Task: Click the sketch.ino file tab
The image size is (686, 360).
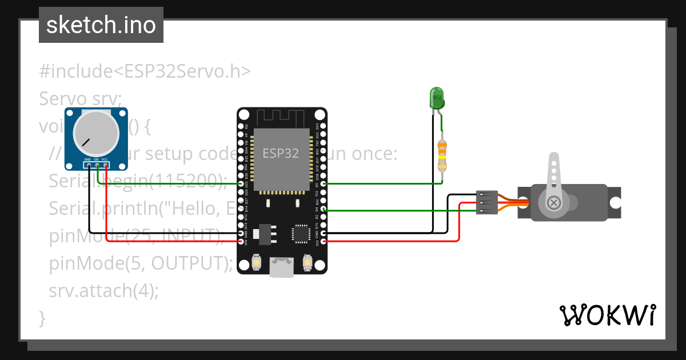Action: pyautogui.click(x=101, y=25)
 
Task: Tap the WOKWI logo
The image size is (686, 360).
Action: pyautogui.click(x=607, y=315)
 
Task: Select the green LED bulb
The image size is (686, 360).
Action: pyautogui.click(x=437, y=98)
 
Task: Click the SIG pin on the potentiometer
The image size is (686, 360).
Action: pyautogui.click(x=97, y=165)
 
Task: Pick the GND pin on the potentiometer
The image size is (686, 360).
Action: pyautogui.click(x=89, y=165)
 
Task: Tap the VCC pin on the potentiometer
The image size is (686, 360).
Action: pyautogui.click(x=106, y=165)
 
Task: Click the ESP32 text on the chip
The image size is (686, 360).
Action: pyautogui.click(x=280, y=153)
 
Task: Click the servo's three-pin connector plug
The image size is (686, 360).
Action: pyautogui.click(x=486, y=202)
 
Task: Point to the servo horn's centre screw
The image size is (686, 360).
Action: pyautogui.click(x=553, y=202)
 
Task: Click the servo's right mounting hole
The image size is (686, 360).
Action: pyautogui.click(x=615, y=202)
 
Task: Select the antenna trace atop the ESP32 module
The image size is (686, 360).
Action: pyautogui.click(x=282, y=117)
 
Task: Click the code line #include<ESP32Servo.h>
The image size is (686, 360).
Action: pyautogui.click(x=145, y=71)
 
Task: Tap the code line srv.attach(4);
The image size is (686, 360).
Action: pyautogui.click(x=103, y=290)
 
